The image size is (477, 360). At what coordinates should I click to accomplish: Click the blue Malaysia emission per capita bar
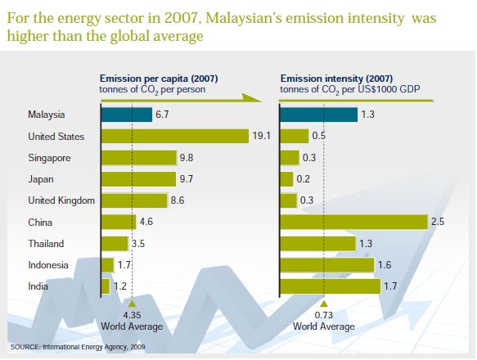125,115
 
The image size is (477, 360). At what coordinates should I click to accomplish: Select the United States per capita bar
174,136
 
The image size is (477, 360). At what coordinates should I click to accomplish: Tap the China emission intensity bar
353,222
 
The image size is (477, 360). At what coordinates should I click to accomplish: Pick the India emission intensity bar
330,286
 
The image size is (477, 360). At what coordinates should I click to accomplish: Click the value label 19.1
262,136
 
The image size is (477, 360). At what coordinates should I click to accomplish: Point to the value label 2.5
437,222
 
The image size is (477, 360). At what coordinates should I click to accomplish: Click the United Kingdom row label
61,200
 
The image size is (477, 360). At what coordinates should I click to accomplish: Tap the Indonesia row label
48,265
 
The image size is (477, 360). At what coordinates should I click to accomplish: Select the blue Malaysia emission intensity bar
318,115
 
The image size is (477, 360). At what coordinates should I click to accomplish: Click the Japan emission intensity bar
286,179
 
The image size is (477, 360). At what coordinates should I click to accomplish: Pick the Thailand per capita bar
114,244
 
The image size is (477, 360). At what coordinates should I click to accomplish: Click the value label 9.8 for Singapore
186,157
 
